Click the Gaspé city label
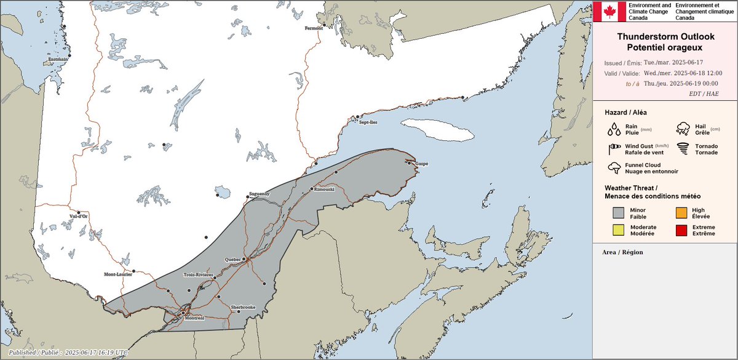click(421, 164)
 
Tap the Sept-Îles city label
click(369, 122)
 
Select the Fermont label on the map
click(314, 28)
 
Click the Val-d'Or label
click(79, 216)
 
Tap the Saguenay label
click(259, 194)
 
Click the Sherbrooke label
click(242, 306)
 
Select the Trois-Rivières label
click(198, 274)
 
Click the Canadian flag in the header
click(608, 11)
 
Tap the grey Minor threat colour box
click(619, 213)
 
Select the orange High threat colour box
click(681, 213)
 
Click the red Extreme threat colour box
click(681, 231)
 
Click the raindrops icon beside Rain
click(614, 129)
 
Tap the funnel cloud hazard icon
click(614, 168)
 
